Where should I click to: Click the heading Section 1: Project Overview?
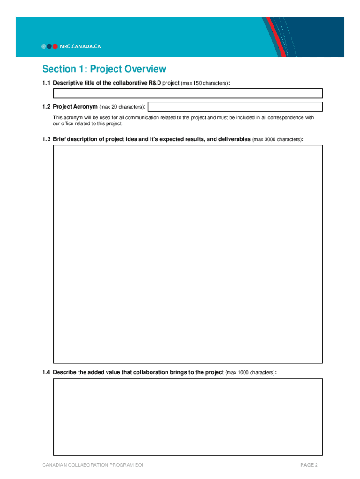coord(104,69)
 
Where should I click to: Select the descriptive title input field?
coord(187,93)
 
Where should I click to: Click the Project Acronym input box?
coord(235,107)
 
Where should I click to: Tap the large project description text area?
coord(187,254)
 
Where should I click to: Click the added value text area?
coord(187,417)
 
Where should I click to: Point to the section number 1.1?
coord(46,83)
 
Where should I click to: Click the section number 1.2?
coord(46,107)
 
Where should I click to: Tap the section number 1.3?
coord(46,139)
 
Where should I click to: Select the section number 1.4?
coord(46,372)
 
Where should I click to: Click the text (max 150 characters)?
coord(205,83)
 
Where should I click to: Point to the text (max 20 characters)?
coord(122,107)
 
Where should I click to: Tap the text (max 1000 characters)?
coord(250,373)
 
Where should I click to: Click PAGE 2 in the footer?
coord(309,465)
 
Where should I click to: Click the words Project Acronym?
coord(75,107)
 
